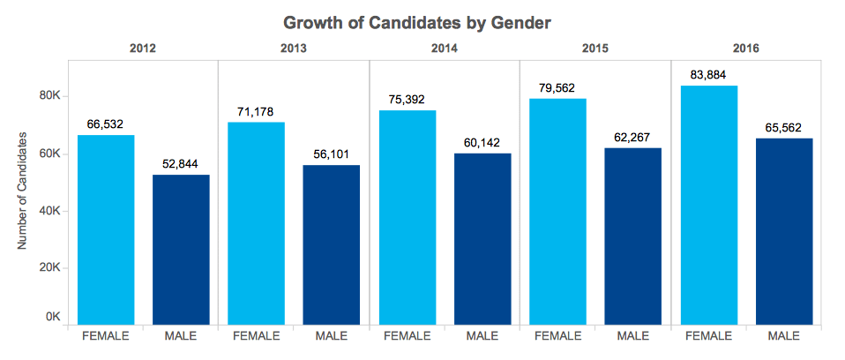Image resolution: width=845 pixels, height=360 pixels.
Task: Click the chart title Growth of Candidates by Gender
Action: pyautogui.click(x=416, y=23)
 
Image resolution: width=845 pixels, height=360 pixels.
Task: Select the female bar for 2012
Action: pyautogui.click(x=106, y=230)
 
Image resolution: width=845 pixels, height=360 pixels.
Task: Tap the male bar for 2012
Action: pyautogui.click(x=181, y=250)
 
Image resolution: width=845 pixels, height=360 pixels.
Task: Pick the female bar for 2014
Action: pyautogui.click(x=408, y=218)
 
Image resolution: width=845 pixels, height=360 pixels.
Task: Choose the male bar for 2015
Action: pyautogui.click(x=632, y=236)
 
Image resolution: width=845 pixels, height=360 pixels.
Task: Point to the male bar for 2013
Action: pyautogui.click(x=332, y=245)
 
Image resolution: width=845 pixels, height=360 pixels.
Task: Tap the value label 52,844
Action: pyautogui.click(x=181, y=164)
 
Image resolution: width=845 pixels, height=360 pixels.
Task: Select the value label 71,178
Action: pyautogui.click(x=256, y=112)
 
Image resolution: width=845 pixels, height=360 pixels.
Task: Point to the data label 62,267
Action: pyautogui.click(x=632, y=138)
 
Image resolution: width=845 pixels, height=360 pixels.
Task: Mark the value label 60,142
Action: pyautogui.click(x=482, y=143)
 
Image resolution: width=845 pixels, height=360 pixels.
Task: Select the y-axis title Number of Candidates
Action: pyautogui.click(x=23, y=191)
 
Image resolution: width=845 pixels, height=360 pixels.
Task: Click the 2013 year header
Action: pyautogui.click(x=293, y=49)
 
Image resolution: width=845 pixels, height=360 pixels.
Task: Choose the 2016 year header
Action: pyautogui.click(x=746, y=49)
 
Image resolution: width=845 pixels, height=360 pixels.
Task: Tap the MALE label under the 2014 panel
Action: pyautogui.click(x=482, y=337)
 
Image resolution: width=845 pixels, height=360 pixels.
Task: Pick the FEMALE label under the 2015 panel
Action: pyautogui.click(x=557, y=337)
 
